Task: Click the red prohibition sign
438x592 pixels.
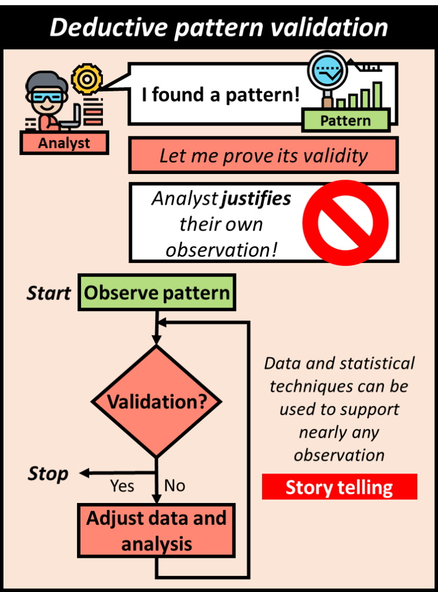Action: pyautogui.click(x=345, y=222)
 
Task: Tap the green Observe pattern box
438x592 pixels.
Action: pyautogui.click(x=157, y=293)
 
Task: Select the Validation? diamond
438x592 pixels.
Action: pyautogui.click(x=157, y=401)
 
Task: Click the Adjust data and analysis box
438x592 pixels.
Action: pyautogui.click(x=156, y=530)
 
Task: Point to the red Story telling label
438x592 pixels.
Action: pyautogui.click(x=339, y=487)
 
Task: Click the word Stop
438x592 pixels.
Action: pyautogui.click(x=48, y=474)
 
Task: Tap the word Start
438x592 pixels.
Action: pyautogui.click(x=49, y=293)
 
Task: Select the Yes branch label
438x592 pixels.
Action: pyautogui.click(x=122, y=486)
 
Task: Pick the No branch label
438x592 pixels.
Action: pyautogui.click(x=175, y=486)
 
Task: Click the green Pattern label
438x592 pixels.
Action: pyautogui.click(x=345, y=121)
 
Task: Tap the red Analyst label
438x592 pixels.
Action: pyautogui.click(x=64, y=143)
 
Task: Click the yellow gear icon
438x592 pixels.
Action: pyautogui.click(x=87, y=80)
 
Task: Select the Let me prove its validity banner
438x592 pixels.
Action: pyautogui.click(x=263, y=156)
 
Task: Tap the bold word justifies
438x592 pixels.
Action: pyautogui.click(x=256, y=199)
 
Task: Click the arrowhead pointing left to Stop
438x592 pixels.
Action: pyautogui.click(x=84, y=473)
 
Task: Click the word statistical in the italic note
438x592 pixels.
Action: pyautogui.click(x=378, y=364)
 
